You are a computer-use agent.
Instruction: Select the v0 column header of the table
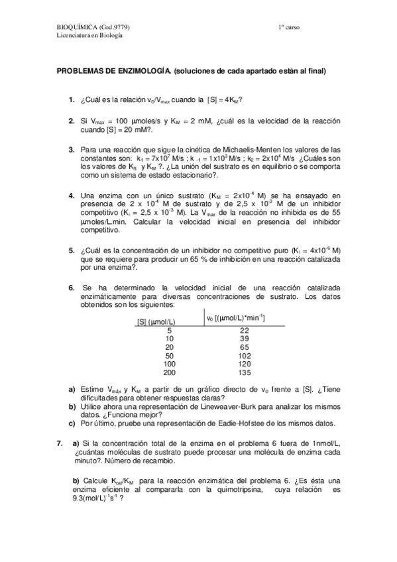(x=236, y=318)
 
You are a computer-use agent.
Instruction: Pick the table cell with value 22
(x=244, y=329)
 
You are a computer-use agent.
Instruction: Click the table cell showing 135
(x=244, y=372)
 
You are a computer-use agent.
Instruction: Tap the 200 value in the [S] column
(x=170, y=372)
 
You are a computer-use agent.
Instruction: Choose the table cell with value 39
(x=244, y=338)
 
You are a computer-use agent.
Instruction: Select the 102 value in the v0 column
(x=244, y=355)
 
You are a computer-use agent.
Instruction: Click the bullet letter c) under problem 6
(x=72, y=423)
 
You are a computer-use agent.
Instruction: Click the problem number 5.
(x=71, y=251)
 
